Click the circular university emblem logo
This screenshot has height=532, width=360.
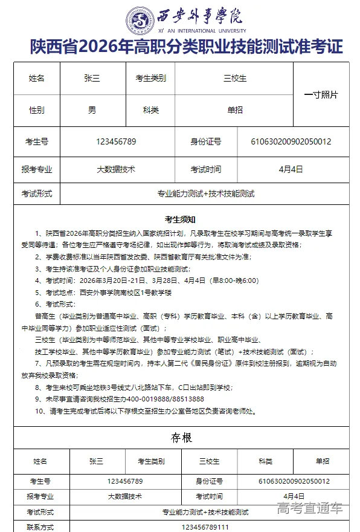[140, 21]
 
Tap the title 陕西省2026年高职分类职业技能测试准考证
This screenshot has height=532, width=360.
[186, 48]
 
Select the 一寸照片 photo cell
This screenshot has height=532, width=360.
[321, 95]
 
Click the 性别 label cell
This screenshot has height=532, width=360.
[37, 111]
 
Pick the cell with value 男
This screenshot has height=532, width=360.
[92, 111]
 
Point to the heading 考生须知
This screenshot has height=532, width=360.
[179, 219]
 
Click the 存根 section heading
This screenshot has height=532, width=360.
[180, 437]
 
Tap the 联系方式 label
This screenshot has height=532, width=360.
[40, 527]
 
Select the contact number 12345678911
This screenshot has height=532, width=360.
[205, 527]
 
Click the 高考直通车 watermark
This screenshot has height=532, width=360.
[309, 508]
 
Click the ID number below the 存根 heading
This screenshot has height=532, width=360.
[294, 481]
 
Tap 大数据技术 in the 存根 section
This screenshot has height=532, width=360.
[125, 496]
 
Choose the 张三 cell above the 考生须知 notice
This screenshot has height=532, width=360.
[92, 79]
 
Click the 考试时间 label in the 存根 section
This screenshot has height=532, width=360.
[209, 496]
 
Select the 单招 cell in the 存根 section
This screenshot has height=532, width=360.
[323, 461]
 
